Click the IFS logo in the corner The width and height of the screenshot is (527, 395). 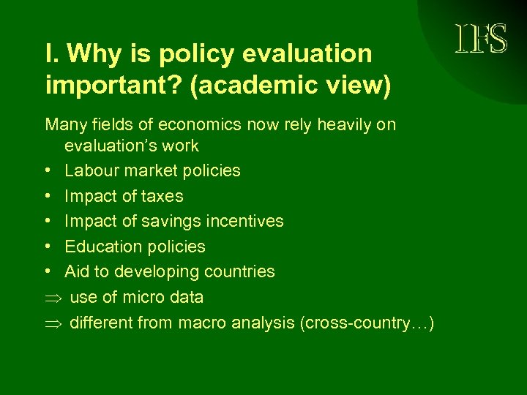click(481, 39)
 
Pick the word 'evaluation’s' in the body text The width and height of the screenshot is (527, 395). click(111, 146)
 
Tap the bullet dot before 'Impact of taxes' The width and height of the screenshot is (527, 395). click(48, 196)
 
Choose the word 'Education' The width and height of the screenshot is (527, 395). click(102, 247)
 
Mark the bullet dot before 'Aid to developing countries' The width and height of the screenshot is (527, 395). click(48, 271)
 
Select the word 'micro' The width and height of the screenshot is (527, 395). click(143, 298)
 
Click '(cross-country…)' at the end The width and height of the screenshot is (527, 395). click(367, 323)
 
